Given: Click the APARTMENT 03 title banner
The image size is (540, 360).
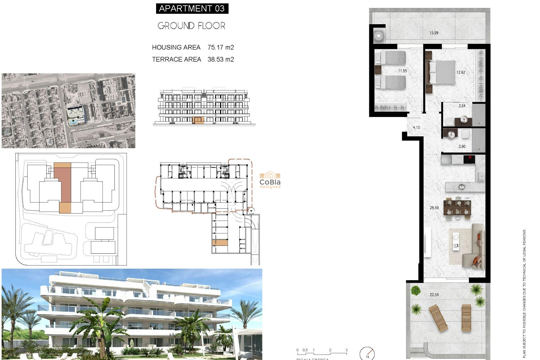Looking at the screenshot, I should pyautogui.click(x=192, y=8).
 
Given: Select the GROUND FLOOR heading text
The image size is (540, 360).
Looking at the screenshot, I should pyautogui.click(x=191, y=26).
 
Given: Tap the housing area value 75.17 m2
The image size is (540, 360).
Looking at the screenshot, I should pyautogui.click(x=220, y=47).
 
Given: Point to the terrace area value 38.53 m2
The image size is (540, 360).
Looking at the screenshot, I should pyautogui.click(x=220, y=59).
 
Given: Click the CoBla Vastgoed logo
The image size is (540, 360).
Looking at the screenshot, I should pyautogui.click(x=270, y=180).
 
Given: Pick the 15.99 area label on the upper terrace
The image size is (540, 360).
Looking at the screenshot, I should pyautogui.click(x=434, y=33).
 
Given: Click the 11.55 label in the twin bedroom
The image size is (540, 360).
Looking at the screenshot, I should pyautogui.click(x=402, y=71).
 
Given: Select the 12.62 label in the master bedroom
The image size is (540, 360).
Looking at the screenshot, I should pyautogui.click(x=461, y=72).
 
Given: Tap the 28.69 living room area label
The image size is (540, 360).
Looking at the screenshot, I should pyautogui.click(x=434, y=208).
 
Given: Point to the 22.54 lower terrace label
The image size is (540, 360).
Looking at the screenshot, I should pyautogui.click(x=434, y=295).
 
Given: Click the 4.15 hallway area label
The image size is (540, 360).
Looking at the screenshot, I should pyautogui.click(x=416, y=127).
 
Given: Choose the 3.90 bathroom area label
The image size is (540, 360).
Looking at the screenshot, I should pyautogui.click(x=462, y=147).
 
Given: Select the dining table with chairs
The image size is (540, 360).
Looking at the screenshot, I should pyautogui.click(x=457, y=207).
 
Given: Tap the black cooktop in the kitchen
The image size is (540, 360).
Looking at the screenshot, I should pyautogui.click(x=469, y=159).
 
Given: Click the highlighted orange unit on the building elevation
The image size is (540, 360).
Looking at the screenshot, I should pyautogui.click(x=198, y=120).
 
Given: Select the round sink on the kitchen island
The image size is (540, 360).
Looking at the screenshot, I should pyautogui.click(x=461, y=186).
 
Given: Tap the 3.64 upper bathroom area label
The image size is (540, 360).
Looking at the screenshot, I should pyautogui.click(x=462, y=106).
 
